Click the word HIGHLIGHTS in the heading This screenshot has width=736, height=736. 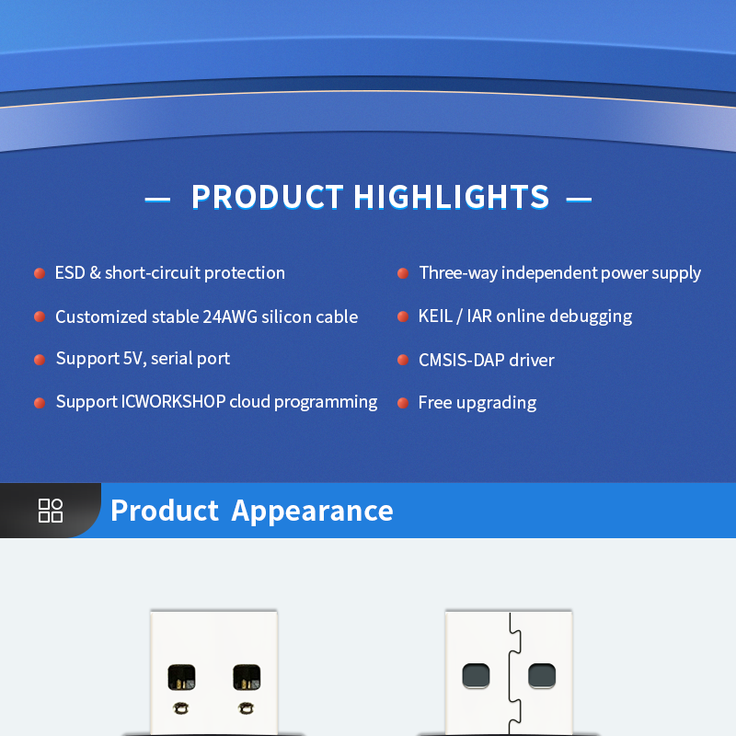pyautogui.click(x=451, y=197)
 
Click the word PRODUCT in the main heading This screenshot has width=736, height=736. pyautogui.click(x=267, y=197)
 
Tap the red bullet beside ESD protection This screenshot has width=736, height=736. pyautogui.click(x=40, y=273)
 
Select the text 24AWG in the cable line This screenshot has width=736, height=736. pyautogui.click(x=229, y=316)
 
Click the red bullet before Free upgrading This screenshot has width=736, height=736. pyautogui.click(x=402, y=403)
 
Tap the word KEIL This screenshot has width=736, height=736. pyautogui.click(x=435, y=316)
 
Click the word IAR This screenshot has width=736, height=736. pyautogui.click(x=479, y=316)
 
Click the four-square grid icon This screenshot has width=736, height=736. pyautogui.click(x=51, y=511)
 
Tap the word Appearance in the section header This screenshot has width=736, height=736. pyautogui.click(x=312, y=511)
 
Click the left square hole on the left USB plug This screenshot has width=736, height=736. pyautogui.click(x=182, y=678)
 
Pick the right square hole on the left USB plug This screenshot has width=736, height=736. pyautogui.click(x=247, y=678)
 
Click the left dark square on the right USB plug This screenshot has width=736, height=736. pyautogui.click(x=476, y=676)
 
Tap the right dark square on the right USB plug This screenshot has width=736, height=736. pyautogui.click(x=541, y=676)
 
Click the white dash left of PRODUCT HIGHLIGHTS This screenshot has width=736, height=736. pyautogui.click(x=157, y=198)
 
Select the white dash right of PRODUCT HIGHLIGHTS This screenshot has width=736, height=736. pyautogui.click(x=579, y=198)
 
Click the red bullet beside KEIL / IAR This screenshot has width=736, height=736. pyautogui.click(x=402, y=316)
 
